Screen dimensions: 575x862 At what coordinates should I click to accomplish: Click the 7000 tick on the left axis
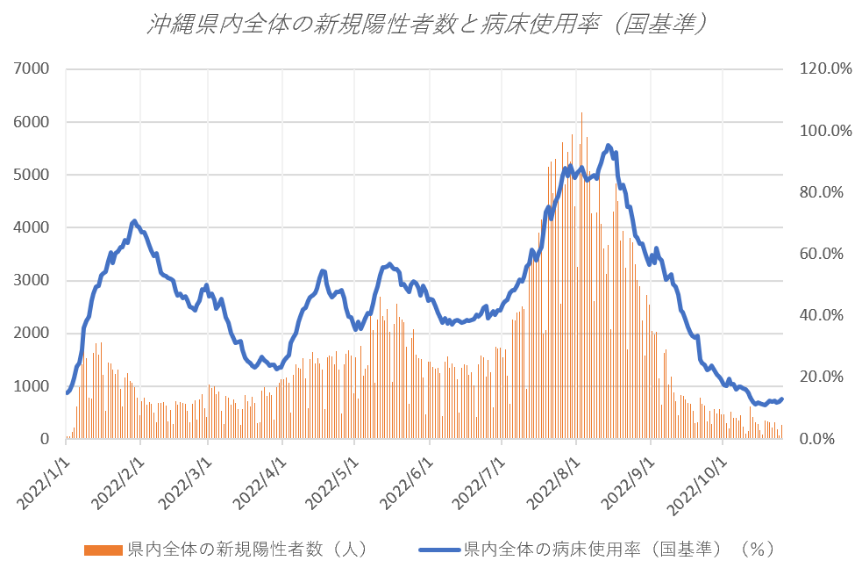(x=32, y=68)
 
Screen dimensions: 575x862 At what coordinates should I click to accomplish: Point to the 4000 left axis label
(x=32, y=227)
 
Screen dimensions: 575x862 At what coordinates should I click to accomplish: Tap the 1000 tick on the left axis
(x=32, y=386)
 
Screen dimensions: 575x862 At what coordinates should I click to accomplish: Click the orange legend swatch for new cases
(x=103, y=550)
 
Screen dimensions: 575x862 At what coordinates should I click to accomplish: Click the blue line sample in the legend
(x=438, y=550)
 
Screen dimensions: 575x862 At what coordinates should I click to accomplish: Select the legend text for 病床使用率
(x=618, y=550)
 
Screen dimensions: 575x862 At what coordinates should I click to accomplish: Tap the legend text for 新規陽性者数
(x=246, y=550)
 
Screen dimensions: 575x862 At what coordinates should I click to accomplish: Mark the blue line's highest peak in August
(x=608, y=145)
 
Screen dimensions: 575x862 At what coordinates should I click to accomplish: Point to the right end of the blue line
(x=782, y=399)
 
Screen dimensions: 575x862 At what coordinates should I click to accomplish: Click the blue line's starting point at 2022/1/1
(x=67, y=392)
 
